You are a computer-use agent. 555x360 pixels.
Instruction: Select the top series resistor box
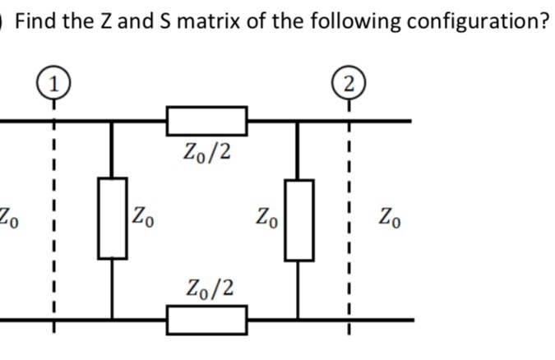pyautogui.click(x=206, y=121)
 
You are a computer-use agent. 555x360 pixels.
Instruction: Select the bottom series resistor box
pyautogui.click(x=206, y=319)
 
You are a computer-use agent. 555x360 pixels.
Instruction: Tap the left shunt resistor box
pyautogui.click(x=113, y=219)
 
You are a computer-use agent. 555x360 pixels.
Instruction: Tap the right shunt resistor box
pyautogui.click(x=300, y=219)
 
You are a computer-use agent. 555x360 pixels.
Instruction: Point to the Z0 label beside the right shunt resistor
pyautogui.click(x=267, y=220)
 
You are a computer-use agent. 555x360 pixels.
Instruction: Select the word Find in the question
pyautogui.click(x=35, y=20)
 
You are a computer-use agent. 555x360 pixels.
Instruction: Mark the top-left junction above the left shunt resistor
pyautogui.click(x=113, y=121)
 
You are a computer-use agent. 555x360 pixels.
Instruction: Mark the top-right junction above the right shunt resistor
pyautogui.click(x=300, y=121)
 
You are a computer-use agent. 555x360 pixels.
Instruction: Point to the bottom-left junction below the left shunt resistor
pyautogui.click(x=113, y=319)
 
